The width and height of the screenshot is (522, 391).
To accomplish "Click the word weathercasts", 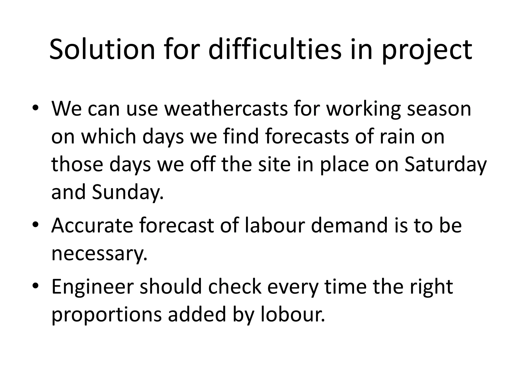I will [226, 109].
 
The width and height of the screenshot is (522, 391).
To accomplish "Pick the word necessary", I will [99, 254].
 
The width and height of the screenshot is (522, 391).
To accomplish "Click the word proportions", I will [107, 315].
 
